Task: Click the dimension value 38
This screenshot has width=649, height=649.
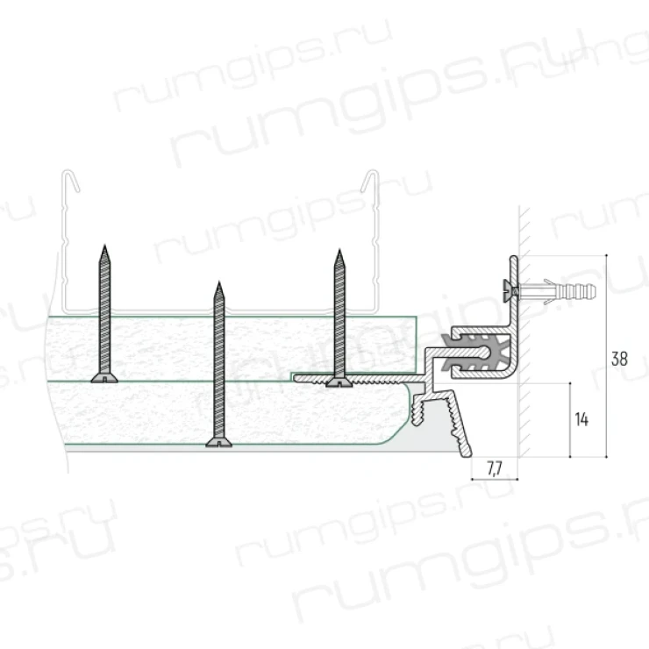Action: pyautogui.click(x=619, y=359)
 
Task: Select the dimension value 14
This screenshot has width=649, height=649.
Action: pyautogui.click(x=581, y=420)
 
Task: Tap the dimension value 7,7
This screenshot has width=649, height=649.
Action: pyautogui.click(x=494, y=468)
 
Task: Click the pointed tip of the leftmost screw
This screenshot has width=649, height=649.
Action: pyautogui.click(x=104, y=246)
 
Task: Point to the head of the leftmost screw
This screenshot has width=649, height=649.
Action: pyautogui.click(x=104, y=378)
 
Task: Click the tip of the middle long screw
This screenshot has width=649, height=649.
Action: pyautogui.click(x=219, y=283)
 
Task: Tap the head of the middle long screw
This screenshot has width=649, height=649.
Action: pyautogui.click(x=219, y=443)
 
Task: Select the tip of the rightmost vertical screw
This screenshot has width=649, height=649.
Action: pyautogui.click(x=339, y=251)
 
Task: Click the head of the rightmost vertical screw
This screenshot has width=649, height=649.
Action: pyautogui.click(x=339, y=383)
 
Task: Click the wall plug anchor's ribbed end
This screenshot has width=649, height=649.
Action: pyautogui.click(x=582, y=292)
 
